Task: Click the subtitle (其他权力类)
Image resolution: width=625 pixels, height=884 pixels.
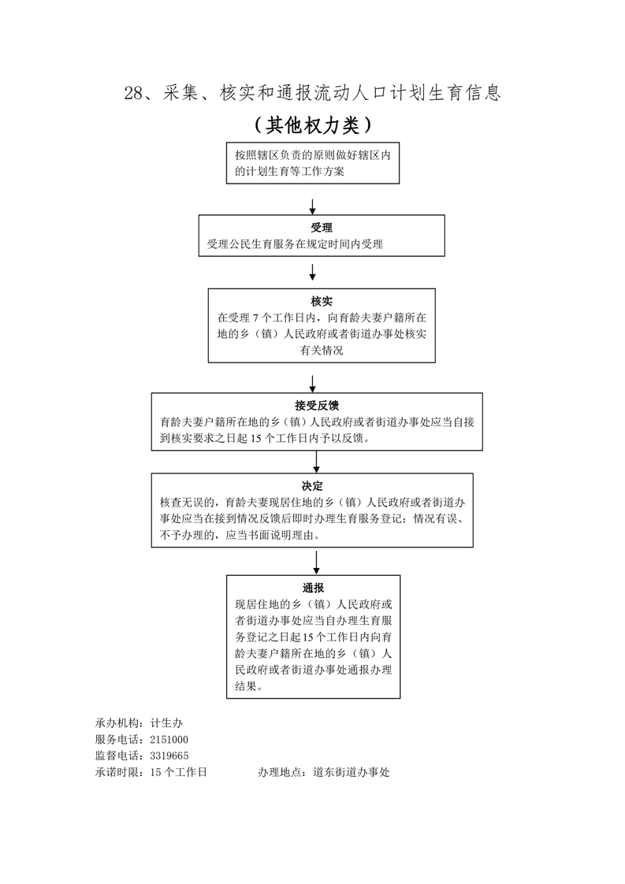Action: click(312, 125)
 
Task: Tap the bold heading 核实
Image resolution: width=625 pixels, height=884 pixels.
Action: click(322, 301)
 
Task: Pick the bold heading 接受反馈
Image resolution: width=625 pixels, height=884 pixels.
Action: click(317, 406)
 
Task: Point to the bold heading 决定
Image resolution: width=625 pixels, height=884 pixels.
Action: click(312, 485)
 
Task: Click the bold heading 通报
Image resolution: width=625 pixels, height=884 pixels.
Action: click(313, 588)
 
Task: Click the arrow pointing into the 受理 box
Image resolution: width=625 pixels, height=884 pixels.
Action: click(313, 206)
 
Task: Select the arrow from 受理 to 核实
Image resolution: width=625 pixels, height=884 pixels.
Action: click(313, 272)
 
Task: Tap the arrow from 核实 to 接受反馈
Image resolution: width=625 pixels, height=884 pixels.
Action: click(313, 384)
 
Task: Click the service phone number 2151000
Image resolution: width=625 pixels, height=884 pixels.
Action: click(169, 739)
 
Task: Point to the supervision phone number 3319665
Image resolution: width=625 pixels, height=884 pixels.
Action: click(169, 756)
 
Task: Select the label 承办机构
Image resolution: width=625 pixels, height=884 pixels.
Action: click(118, 722)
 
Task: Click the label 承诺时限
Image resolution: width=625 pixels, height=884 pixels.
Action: click(118, 772)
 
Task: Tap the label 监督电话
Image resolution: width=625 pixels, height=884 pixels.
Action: click(118, 756)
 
